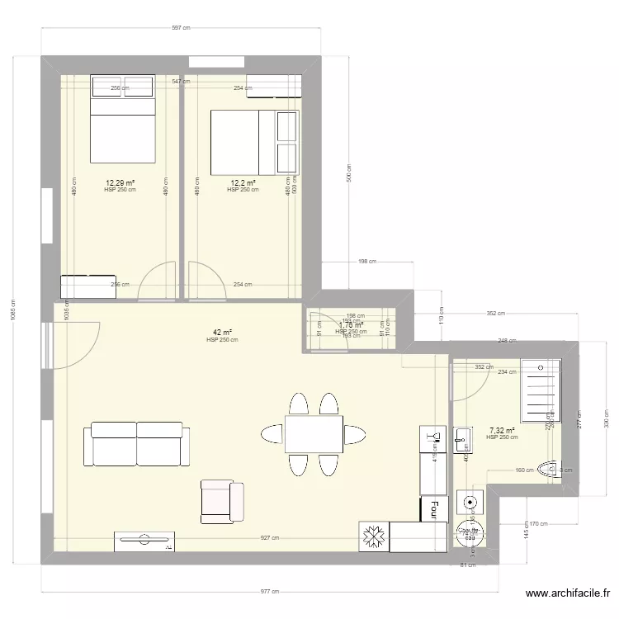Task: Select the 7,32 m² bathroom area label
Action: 502,430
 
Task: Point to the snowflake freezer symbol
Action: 373,537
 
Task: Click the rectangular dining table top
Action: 314,434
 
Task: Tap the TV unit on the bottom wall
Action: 145,541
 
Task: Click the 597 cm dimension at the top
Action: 181,28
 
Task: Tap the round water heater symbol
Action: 470,502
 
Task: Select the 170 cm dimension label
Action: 538,522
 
